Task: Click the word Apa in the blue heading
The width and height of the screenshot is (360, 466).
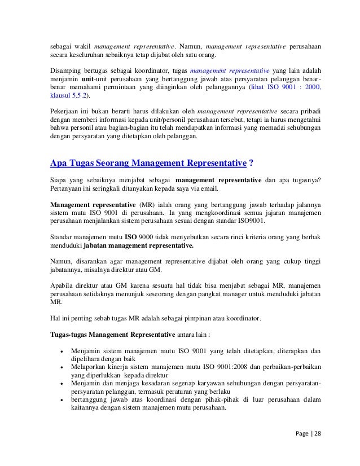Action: point(58,164)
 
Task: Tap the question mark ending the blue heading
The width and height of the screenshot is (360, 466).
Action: point(250,164)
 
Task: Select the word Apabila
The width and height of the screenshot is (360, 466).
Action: point(64,285)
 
